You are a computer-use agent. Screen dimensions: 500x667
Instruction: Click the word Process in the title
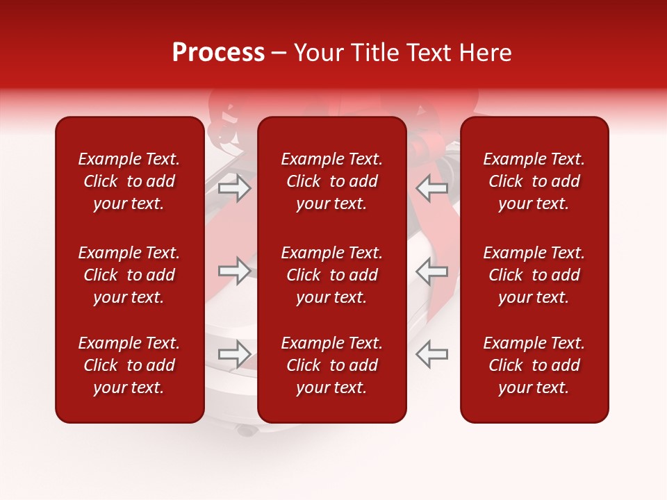coord(218,53)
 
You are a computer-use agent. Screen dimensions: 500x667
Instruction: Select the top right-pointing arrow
coord(235,188)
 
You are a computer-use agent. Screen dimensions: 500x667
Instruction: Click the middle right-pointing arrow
coord(235,271)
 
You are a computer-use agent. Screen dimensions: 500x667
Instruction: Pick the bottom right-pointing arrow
coord(235,354)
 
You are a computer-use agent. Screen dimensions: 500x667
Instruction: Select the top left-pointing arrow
coord(431,188)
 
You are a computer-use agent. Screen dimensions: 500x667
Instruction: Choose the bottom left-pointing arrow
coord(431,354)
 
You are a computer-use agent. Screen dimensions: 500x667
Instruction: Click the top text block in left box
coord(129,181)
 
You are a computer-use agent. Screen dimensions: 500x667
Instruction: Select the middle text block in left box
coord(129,275)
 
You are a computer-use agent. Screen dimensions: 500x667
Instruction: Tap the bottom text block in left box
coord(129,365)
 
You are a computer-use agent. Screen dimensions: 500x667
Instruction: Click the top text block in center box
coord(332,181)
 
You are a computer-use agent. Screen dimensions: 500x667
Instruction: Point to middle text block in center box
coord(332,275)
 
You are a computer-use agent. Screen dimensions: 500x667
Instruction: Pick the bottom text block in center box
coord(332,365)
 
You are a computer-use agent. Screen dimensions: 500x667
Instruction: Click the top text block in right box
coord(534,181)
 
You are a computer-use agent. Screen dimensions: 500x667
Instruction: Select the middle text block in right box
coord(534,275)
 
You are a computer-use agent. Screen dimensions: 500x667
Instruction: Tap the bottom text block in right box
coord(534,365)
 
